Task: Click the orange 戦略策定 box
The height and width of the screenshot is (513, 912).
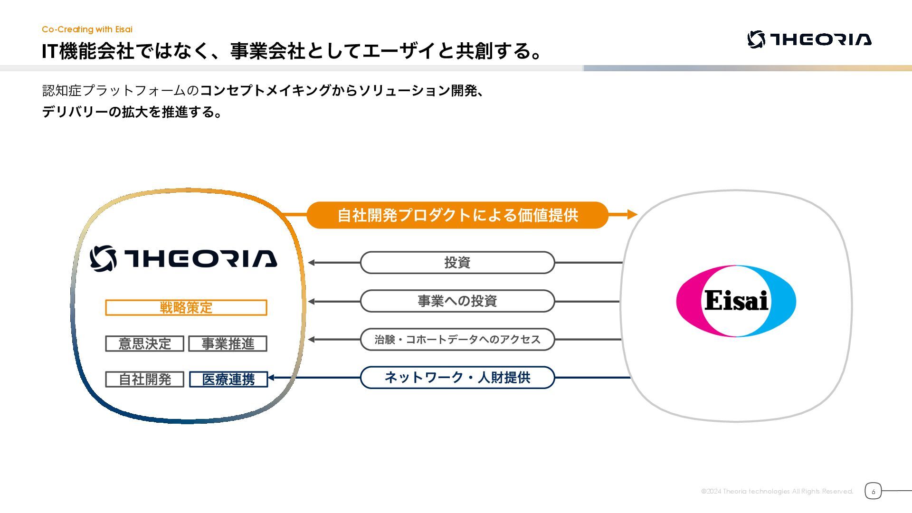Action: click(186, 307)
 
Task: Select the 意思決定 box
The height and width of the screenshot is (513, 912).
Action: click(144, 343)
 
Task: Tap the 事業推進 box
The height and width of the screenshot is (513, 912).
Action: click(228, 343)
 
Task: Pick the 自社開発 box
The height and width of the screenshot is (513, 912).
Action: click(144, 379)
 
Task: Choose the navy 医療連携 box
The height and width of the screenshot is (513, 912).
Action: click(228, 379)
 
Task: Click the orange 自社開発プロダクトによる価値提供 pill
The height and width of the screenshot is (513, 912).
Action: click(457, 215)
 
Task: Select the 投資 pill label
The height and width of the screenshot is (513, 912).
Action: click(457, 262)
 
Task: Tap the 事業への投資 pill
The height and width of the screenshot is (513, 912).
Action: click(457, 301)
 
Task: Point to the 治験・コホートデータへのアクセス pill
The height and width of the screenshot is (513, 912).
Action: click(457, 339)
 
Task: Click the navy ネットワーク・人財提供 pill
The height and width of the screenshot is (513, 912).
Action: click(457, 378)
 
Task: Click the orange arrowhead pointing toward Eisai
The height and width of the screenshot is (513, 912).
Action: click(632, 215)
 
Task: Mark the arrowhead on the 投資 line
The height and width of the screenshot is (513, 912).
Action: click(312, 262)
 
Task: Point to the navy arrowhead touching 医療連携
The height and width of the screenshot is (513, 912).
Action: click(271, 378)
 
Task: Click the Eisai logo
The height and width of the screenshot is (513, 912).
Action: click(736, 301)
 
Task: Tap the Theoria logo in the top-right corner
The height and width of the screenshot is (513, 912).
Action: click(809, 39)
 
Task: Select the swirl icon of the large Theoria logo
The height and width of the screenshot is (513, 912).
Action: click(103, 258)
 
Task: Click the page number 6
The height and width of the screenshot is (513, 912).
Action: click(873, 491)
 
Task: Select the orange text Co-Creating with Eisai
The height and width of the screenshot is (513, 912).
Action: click(87, 29)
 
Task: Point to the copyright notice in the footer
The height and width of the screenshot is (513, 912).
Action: click(777, 491)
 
